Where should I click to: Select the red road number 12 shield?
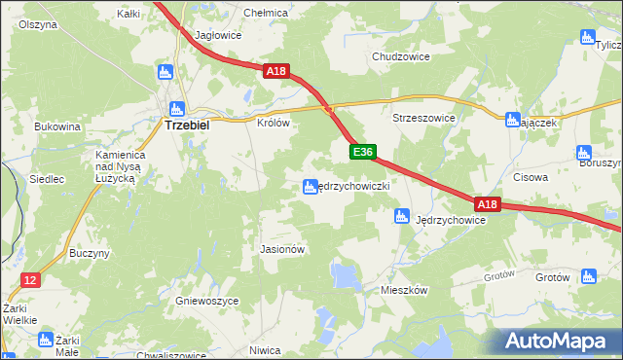30,280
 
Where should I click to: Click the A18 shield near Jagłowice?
275,71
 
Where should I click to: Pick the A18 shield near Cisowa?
488,204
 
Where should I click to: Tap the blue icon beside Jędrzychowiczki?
310,186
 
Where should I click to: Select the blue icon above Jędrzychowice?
400,216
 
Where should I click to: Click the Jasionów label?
283,249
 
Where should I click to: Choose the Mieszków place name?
406,290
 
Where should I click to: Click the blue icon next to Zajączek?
513,120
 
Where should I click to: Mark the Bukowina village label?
56,126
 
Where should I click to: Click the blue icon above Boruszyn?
584,152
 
